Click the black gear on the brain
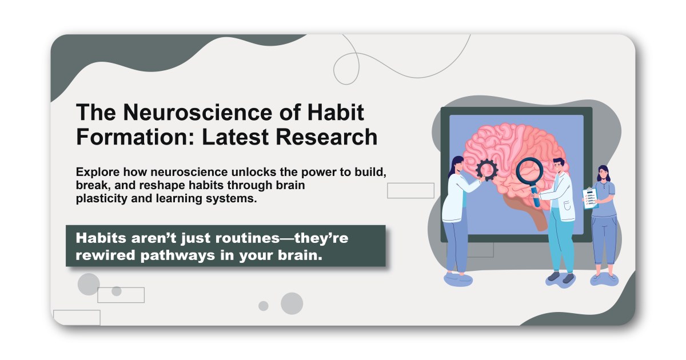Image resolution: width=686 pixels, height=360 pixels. pos(487,169)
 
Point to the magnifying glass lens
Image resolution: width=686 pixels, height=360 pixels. pos(529,171)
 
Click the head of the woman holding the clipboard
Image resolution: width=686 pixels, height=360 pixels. pos(604,173)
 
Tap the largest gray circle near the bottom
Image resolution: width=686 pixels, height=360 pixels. pos(292,303)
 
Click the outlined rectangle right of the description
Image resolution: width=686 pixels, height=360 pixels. pos(410,190)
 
